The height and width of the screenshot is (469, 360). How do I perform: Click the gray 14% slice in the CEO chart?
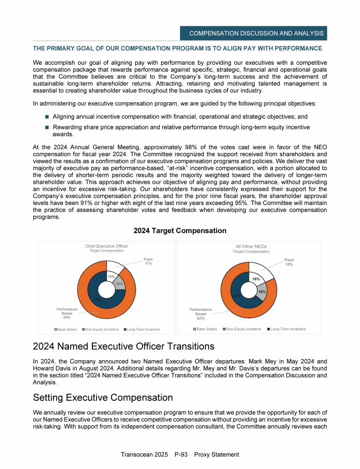coord(119,284)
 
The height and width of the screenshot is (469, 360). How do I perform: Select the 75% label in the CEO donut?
coord(97,299)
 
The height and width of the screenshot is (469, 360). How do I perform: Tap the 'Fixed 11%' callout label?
coord(148,261)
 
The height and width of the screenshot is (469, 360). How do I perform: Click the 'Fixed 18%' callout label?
coord(289,262)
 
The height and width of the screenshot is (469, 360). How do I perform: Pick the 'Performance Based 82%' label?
coord(201,314)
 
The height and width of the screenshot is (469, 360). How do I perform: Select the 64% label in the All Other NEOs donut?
coord(237,296)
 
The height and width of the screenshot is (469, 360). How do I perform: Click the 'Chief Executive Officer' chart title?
coord(106,246)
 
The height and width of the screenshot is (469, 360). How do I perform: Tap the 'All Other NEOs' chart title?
coord(251,246)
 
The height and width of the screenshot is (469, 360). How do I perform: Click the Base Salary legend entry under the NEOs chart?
coord(206,329)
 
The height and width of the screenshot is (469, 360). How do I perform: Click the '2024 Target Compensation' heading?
coord(180,231)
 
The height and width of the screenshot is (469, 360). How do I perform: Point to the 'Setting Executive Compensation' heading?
coord(103,398)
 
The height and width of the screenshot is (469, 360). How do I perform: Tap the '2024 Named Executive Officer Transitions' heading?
coord(123,347)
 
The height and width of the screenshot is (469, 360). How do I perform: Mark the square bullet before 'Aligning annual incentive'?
coord(47,116)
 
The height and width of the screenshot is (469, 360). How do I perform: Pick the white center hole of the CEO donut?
coord(106,289)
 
